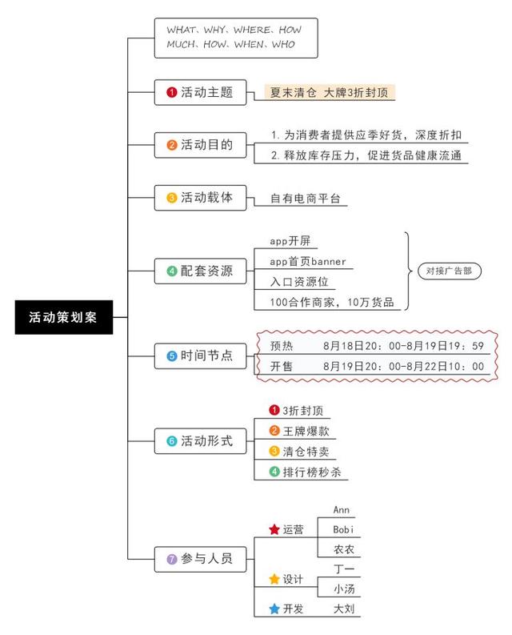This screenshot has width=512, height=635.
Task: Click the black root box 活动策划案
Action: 64,317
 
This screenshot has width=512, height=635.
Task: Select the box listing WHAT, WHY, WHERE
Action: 236,38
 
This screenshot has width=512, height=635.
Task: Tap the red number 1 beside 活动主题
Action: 172,92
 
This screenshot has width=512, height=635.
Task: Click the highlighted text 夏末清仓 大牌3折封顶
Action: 330,92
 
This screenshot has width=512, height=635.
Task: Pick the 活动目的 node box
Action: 200,145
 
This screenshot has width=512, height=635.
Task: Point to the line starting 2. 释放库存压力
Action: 366,155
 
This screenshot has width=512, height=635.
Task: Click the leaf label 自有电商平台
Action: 305,199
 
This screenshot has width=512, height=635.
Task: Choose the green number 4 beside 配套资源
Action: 172,271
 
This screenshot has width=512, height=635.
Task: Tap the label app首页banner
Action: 308,262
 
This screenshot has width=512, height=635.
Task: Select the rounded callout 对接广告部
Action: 450,271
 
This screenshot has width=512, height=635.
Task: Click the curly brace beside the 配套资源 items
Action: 408,271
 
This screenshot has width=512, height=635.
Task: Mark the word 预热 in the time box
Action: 282,346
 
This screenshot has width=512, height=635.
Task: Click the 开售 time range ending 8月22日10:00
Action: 403,367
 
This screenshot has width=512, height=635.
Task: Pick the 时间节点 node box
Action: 200,356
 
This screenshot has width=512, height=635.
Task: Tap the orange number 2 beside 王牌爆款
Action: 274,431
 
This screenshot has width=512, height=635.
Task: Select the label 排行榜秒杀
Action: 312,472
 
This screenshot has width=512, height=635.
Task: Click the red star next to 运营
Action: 274,529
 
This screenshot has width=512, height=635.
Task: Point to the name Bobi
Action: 343,529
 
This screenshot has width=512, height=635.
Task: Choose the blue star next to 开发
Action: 274,609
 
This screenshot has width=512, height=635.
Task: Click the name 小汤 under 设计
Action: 344,589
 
